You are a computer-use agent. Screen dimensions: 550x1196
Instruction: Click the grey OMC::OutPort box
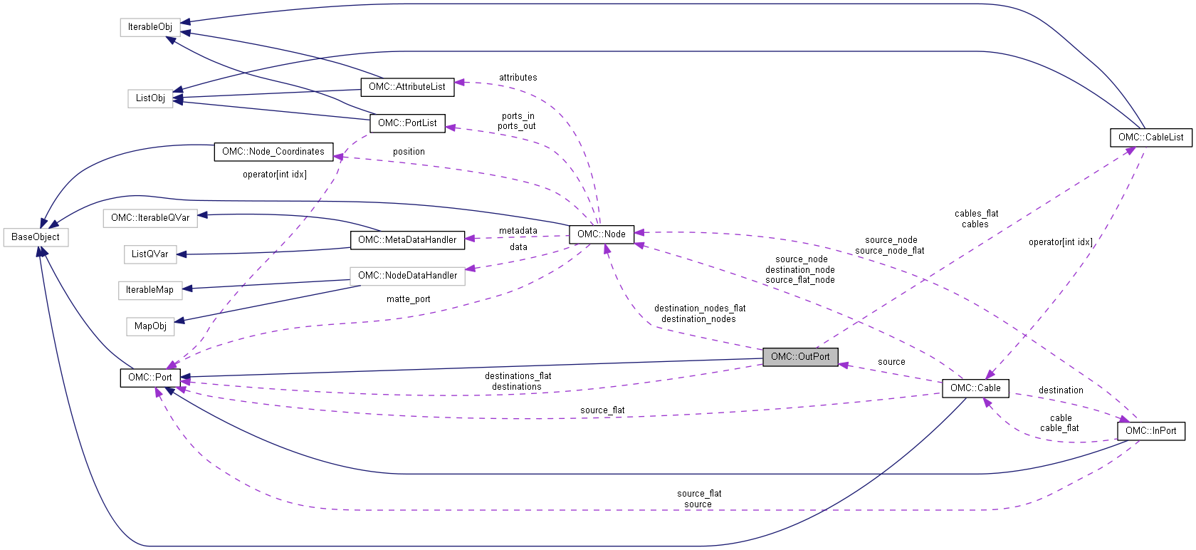coord(800,357)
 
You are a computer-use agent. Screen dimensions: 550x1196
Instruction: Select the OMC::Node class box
coord(602,234)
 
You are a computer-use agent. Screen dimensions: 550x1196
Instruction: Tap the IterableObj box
coord(150,27)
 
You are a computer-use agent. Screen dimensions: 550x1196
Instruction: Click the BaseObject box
coord(36,237)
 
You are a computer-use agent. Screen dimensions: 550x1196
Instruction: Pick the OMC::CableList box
coord(1150,137)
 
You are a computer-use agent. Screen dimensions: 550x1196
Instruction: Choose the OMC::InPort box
coord(1150,431)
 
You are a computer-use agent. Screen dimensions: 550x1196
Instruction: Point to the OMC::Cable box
coord(975,388)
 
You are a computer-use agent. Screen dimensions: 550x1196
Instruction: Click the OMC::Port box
coord(150,378)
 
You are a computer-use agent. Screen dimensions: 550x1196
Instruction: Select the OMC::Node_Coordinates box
coord(273,152)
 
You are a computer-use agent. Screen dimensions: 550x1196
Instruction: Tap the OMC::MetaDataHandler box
coord(407,240)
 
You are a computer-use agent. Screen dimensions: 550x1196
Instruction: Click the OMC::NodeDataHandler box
coord(407,276)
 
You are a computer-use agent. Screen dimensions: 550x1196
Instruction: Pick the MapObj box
coord(150,326)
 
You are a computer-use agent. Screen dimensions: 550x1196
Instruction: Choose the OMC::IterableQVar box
coord(150,218)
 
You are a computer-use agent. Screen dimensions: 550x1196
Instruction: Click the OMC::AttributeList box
coord(407,87)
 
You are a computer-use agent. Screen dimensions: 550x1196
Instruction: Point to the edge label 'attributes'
coord(518,78)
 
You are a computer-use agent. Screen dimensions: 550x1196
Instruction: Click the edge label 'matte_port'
coord(409,299)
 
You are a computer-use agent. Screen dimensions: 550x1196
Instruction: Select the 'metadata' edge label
coord(518,231)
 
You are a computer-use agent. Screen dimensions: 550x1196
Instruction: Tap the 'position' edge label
coord(409,152)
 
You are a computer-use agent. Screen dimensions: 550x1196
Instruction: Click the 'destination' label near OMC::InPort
coord(1061,390)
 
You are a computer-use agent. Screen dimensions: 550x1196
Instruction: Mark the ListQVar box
coord(150,254)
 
